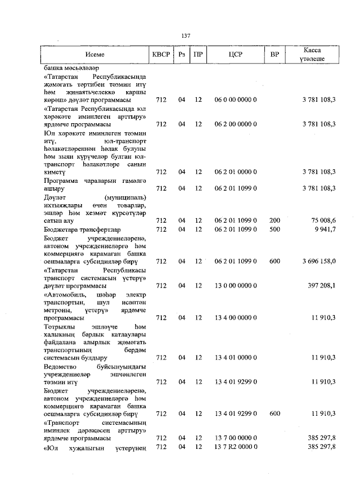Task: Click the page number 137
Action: [186, 35]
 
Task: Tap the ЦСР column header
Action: [236, 55]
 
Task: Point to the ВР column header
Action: [274, 55]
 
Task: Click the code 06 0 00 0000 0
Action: [235, 100]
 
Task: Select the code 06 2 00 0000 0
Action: [235, 124]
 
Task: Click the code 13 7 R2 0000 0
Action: [235, 447]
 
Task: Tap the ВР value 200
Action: [274, 221]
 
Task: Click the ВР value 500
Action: [274, 230]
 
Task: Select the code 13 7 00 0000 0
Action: [235, 438]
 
